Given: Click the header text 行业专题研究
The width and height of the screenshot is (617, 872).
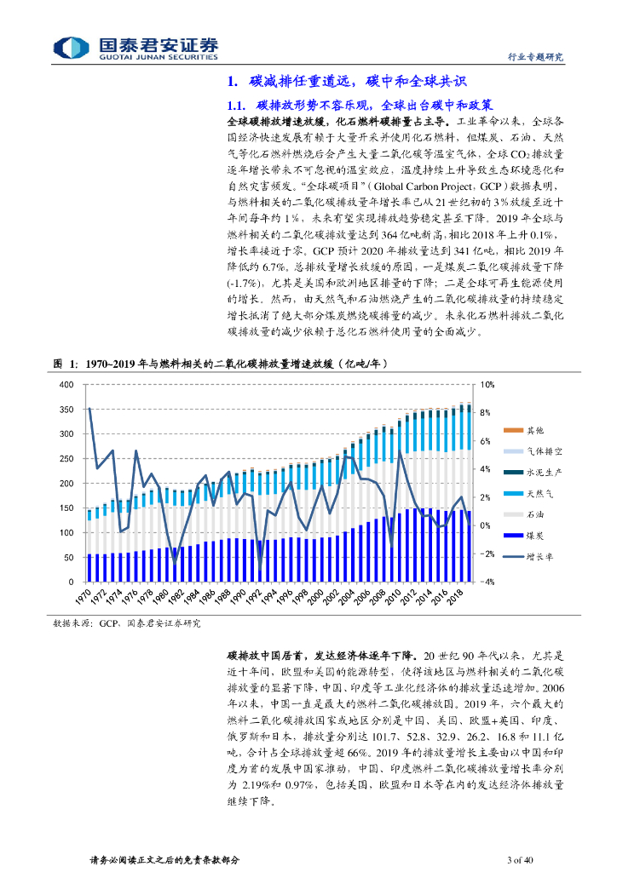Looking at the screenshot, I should pyautogui.click(x=536, y=57).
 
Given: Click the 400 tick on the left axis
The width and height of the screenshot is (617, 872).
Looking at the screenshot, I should pyautogui.click(x=67, y=385).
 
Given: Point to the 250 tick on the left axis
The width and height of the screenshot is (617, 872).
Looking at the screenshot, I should pyautogui.click(x=67, y=459).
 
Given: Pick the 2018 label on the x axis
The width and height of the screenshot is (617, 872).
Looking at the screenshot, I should pyautogui.click(x=456, y=594).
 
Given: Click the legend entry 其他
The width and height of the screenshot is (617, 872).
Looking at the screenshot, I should pyautogui.click(x=534, y=430).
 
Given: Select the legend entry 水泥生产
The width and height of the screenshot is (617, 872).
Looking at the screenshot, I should pyautogui.click(x=543, y=472).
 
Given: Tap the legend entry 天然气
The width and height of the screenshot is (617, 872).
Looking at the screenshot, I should pyautogui.click(x=539, y=493).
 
